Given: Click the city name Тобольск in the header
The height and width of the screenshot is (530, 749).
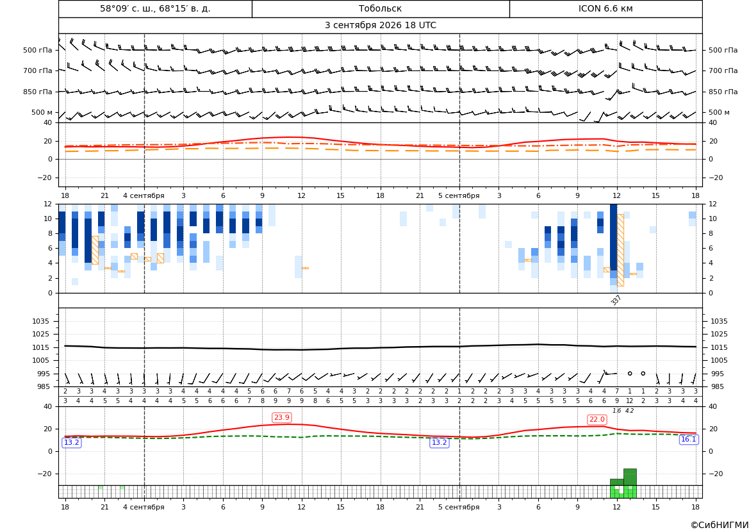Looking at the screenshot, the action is pyautogui.click(x=380, y=8).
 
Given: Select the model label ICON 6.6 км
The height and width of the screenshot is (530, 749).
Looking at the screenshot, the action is pyautogui.click(x=605, y=8).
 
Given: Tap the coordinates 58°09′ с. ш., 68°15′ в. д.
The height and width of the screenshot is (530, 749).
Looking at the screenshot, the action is pyautogui.click(x=155, y=8).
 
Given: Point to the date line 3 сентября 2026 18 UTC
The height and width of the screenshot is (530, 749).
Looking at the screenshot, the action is pyautogui.click(x=380, y=26).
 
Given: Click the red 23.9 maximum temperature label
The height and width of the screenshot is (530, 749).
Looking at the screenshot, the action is pyautogui.click(x=282, y=417).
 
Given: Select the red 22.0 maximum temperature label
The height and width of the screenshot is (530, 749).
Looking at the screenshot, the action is pyautogui.click(x=597, y=420).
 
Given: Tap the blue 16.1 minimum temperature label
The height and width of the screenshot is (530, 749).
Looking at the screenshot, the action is pyautogui.click(x=688, y=440).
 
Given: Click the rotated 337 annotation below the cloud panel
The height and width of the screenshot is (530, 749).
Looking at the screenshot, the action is pyautogui.click(x=616, y=300).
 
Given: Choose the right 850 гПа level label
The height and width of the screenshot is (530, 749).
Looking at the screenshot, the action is pyautogui.click(x=723, y=92).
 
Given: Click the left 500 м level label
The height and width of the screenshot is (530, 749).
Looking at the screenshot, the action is pyautogui.click(x=42, y=112).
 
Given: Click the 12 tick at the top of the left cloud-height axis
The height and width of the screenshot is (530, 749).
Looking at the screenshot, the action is pyautogui.click(x=48, y=204).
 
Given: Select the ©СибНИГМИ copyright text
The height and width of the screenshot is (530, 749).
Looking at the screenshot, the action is pyautogui.click(x=720, y=525).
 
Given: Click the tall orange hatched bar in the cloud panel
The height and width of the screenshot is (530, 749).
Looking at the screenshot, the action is pyautogui.click(x=620, y=250).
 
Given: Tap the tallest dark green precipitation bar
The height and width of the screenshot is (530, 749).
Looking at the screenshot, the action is pyautogui.click(x=630, y=477).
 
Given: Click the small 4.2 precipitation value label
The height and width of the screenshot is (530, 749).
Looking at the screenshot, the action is pyautogui.click(x=630, y=411).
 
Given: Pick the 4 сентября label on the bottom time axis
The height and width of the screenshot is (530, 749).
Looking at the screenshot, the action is pyautogui.click(x=144, y=507).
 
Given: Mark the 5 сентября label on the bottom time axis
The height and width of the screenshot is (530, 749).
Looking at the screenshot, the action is pyautogui.click(x=459, y=507).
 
